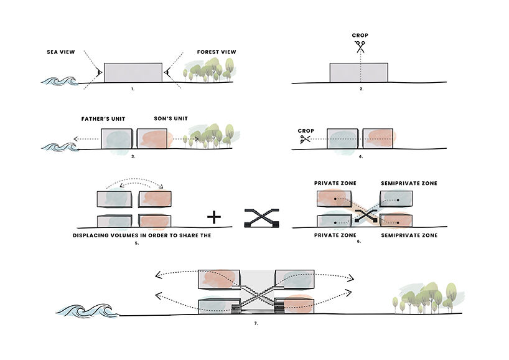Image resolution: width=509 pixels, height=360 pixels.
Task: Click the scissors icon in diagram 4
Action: click(x=305, y=140)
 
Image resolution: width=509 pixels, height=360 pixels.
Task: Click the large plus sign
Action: click(x=213, y=217)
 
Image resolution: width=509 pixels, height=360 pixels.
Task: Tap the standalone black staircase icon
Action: click(x=261, y=217)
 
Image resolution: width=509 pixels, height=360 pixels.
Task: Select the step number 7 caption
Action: click(x=256, y=324)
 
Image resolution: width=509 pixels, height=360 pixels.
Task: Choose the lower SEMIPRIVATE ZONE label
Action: click(x=409, y=235)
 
